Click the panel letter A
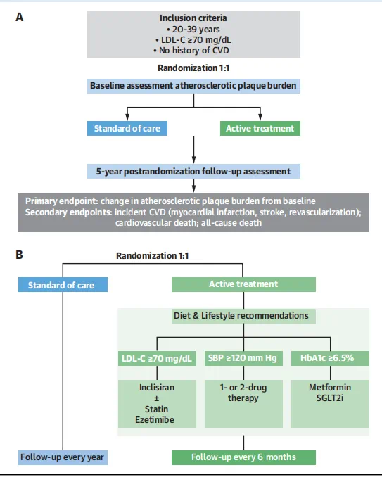tap(20, 17)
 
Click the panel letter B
tap(19, 255)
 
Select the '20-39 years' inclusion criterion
tap(193, 30)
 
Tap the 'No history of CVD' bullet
tap(191, 50)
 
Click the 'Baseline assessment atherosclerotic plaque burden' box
tap(193, 86)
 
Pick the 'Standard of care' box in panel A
tap(127, 128)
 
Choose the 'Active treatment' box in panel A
tap(260, 128)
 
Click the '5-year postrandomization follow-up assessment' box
tap(193, 171)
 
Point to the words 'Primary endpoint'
tap(61, 201)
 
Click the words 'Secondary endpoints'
tap(69, 212)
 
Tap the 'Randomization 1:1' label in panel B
tap(153, 256)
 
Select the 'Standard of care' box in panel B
tap(63, 285)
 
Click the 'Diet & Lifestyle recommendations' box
tap(243, 316)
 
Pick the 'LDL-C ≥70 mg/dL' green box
tap(157, 358)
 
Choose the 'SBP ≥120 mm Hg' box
tap(243, 358)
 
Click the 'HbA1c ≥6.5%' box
tap(331, 358)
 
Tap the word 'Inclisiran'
tap(157, 388)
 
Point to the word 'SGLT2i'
tap(330, 398)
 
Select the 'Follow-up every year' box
tap(63, 457)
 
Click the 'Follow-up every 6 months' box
tap(243, 457)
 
